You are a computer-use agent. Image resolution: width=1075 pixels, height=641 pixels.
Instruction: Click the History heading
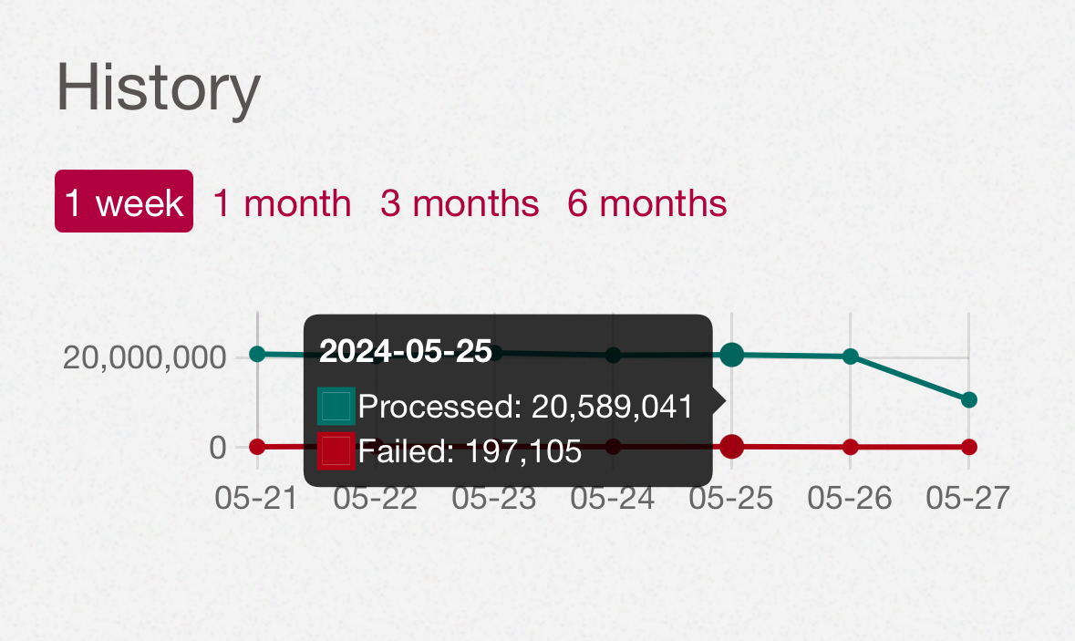click(159, 87)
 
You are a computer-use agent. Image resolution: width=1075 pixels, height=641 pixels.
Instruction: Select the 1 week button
click(124, 201)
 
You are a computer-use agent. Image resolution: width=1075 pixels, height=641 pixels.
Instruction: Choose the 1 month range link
click(282, 203)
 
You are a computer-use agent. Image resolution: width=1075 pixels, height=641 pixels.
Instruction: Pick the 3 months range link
click(460, 203)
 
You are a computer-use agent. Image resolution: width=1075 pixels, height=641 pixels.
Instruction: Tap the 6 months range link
click(647, 203)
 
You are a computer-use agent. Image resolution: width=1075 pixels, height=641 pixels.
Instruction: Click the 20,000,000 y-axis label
click(144, 357)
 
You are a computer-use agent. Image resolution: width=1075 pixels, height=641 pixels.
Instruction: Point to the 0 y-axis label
click(217, 448)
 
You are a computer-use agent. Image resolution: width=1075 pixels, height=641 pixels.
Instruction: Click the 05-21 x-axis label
click(256, 499)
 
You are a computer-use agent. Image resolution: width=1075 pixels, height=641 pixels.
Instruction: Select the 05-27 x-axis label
click(968, 499)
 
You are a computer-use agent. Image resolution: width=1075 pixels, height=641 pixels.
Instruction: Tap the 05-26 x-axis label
click(850, 499)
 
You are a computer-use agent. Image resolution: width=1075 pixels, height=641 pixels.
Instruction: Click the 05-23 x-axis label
click(493, 499)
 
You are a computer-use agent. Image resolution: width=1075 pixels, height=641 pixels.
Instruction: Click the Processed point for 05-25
click(731, 355)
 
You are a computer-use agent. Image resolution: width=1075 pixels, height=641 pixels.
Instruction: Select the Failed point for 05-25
click(731, 447)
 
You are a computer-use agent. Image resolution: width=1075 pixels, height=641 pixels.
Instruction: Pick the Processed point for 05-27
click(968, 399)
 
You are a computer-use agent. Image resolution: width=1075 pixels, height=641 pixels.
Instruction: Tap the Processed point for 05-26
click(850, 356)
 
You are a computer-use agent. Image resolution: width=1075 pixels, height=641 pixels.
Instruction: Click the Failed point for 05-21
click(257, 447)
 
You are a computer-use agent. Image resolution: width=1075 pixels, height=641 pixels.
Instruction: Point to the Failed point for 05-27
click(968, 447)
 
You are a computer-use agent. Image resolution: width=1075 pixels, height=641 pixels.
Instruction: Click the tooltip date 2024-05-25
click(406, 351)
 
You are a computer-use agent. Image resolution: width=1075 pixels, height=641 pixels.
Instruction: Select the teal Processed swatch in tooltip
click(336, 406)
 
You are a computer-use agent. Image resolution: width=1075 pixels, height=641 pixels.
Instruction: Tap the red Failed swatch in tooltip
click(336, 450)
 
